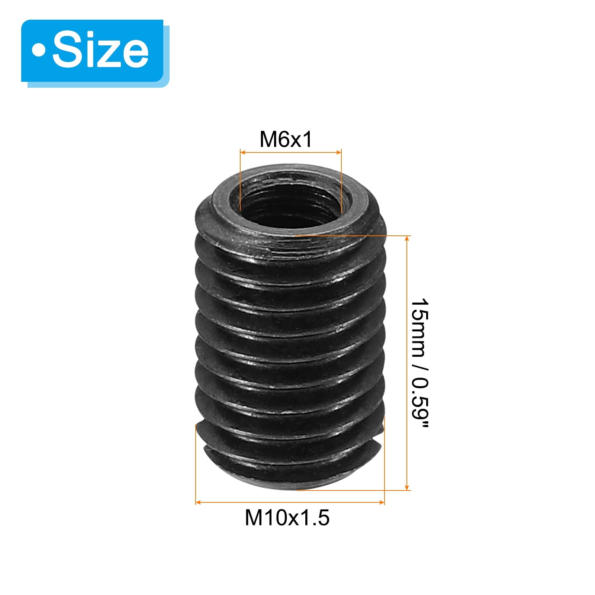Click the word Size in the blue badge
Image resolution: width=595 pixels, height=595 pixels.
tap(100, 50)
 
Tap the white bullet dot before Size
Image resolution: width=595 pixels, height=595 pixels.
tap(38, 50)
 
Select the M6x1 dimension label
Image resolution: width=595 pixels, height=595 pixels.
tap(286, 139)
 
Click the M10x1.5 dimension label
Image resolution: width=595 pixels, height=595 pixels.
tap(287, 518)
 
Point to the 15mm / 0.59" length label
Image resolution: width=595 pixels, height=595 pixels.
tap(420, 363)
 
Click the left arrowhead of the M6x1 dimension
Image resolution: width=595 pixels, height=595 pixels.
tap(243, 152)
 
